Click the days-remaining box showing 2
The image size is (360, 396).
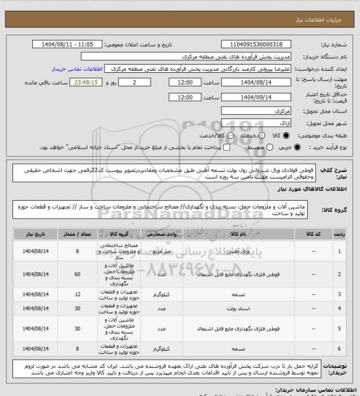pyautogui.click(x=123, y=82)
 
